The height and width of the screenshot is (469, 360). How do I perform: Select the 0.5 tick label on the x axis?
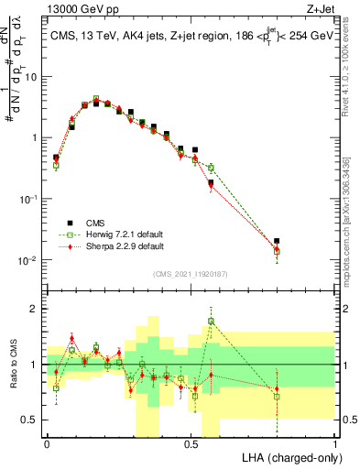point(191,443)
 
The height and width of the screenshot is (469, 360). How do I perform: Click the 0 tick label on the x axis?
point(47,443)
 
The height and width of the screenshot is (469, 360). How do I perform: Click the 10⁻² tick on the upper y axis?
point(30,260)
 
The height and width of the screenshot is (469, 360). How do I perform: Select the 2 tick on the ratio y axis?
point(37,309)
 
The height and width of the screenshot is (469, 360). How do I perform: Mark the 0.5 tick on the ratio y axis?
point(32,420)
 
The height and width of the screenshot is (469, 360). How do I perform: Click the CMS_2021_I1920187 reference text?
point(190,273)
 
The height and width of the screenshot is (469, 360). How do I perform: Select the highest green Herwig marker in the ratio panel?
point(212,322)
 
